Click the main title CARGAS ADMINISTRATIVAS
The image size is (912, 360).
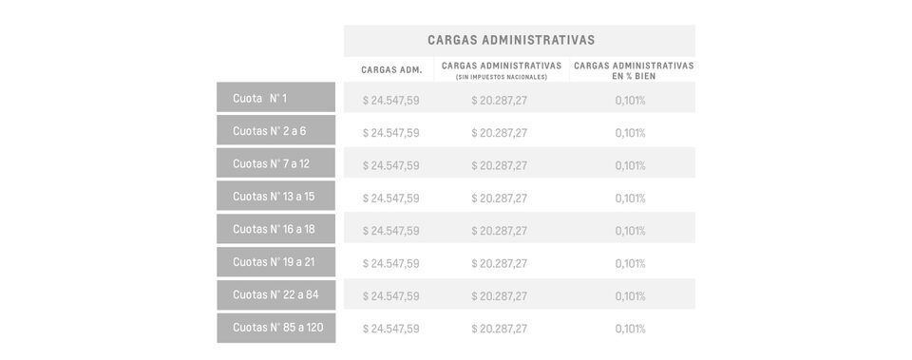pyautogui.click(x=511, y=40)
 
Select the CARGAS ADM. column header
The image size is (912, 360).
pyautogui.click(x=391, y=69)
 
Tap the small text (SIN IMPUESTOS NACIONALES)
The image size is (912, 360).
pyautogui.click(x=501, y=77)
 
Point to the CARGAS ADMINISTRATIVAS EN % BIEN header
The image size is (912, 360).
pyautogui.click(x=634, y=70)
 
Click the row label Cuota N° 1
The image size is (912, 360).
pyautogui.click(x=259, y=98)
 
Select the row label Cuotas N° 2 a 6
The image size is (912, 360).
pyautogui.click(x=269, y=131)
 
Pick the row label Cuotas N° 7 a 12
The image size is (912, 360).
pyautogui.click(x=271, y=163)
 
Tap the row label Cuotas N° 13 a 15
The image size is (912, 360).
pyautogui.click(x=274, y=197)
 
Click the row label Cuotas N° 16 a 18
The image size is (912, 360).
pyautogui.click(x=274, y=229)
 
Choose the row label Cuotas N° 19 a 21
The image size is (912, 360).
pyautogui.click(x=274, y=262)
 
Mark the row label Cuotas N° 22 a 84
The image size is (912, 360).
pyautogui.click(x=275, y=294)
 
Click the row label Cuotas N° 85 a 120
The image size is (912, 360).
pyautogui.click(x=277, y=328)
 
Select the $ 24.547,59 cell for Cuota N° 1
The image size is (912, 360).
pyautogui.click(x=391, y=100)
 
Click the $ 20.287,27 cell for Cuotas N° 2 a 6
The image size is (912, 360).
pyautogui.click(x=500, y=133)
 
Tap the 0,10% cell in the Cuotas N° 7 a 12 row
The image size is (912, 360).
pyautogui.click(x=630, y=165)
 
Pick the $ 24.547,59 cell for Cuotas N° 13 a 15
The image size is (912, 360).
pyautogui.click(x=391, y=199)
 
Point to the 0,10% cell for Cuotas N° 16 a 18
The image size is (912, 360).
pyautogui.click(x=630, y=231)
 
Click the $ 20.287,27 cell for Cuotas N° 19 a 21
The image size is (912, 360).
pyautogui.click(x=500, y=263)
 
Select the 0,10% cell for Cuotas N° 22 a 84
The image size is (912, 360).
pyautogui.click(x=630, y=296)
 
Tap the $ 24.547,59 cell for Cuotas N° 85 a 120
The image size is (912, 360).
pyautogui.click(x=391, y=329)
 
